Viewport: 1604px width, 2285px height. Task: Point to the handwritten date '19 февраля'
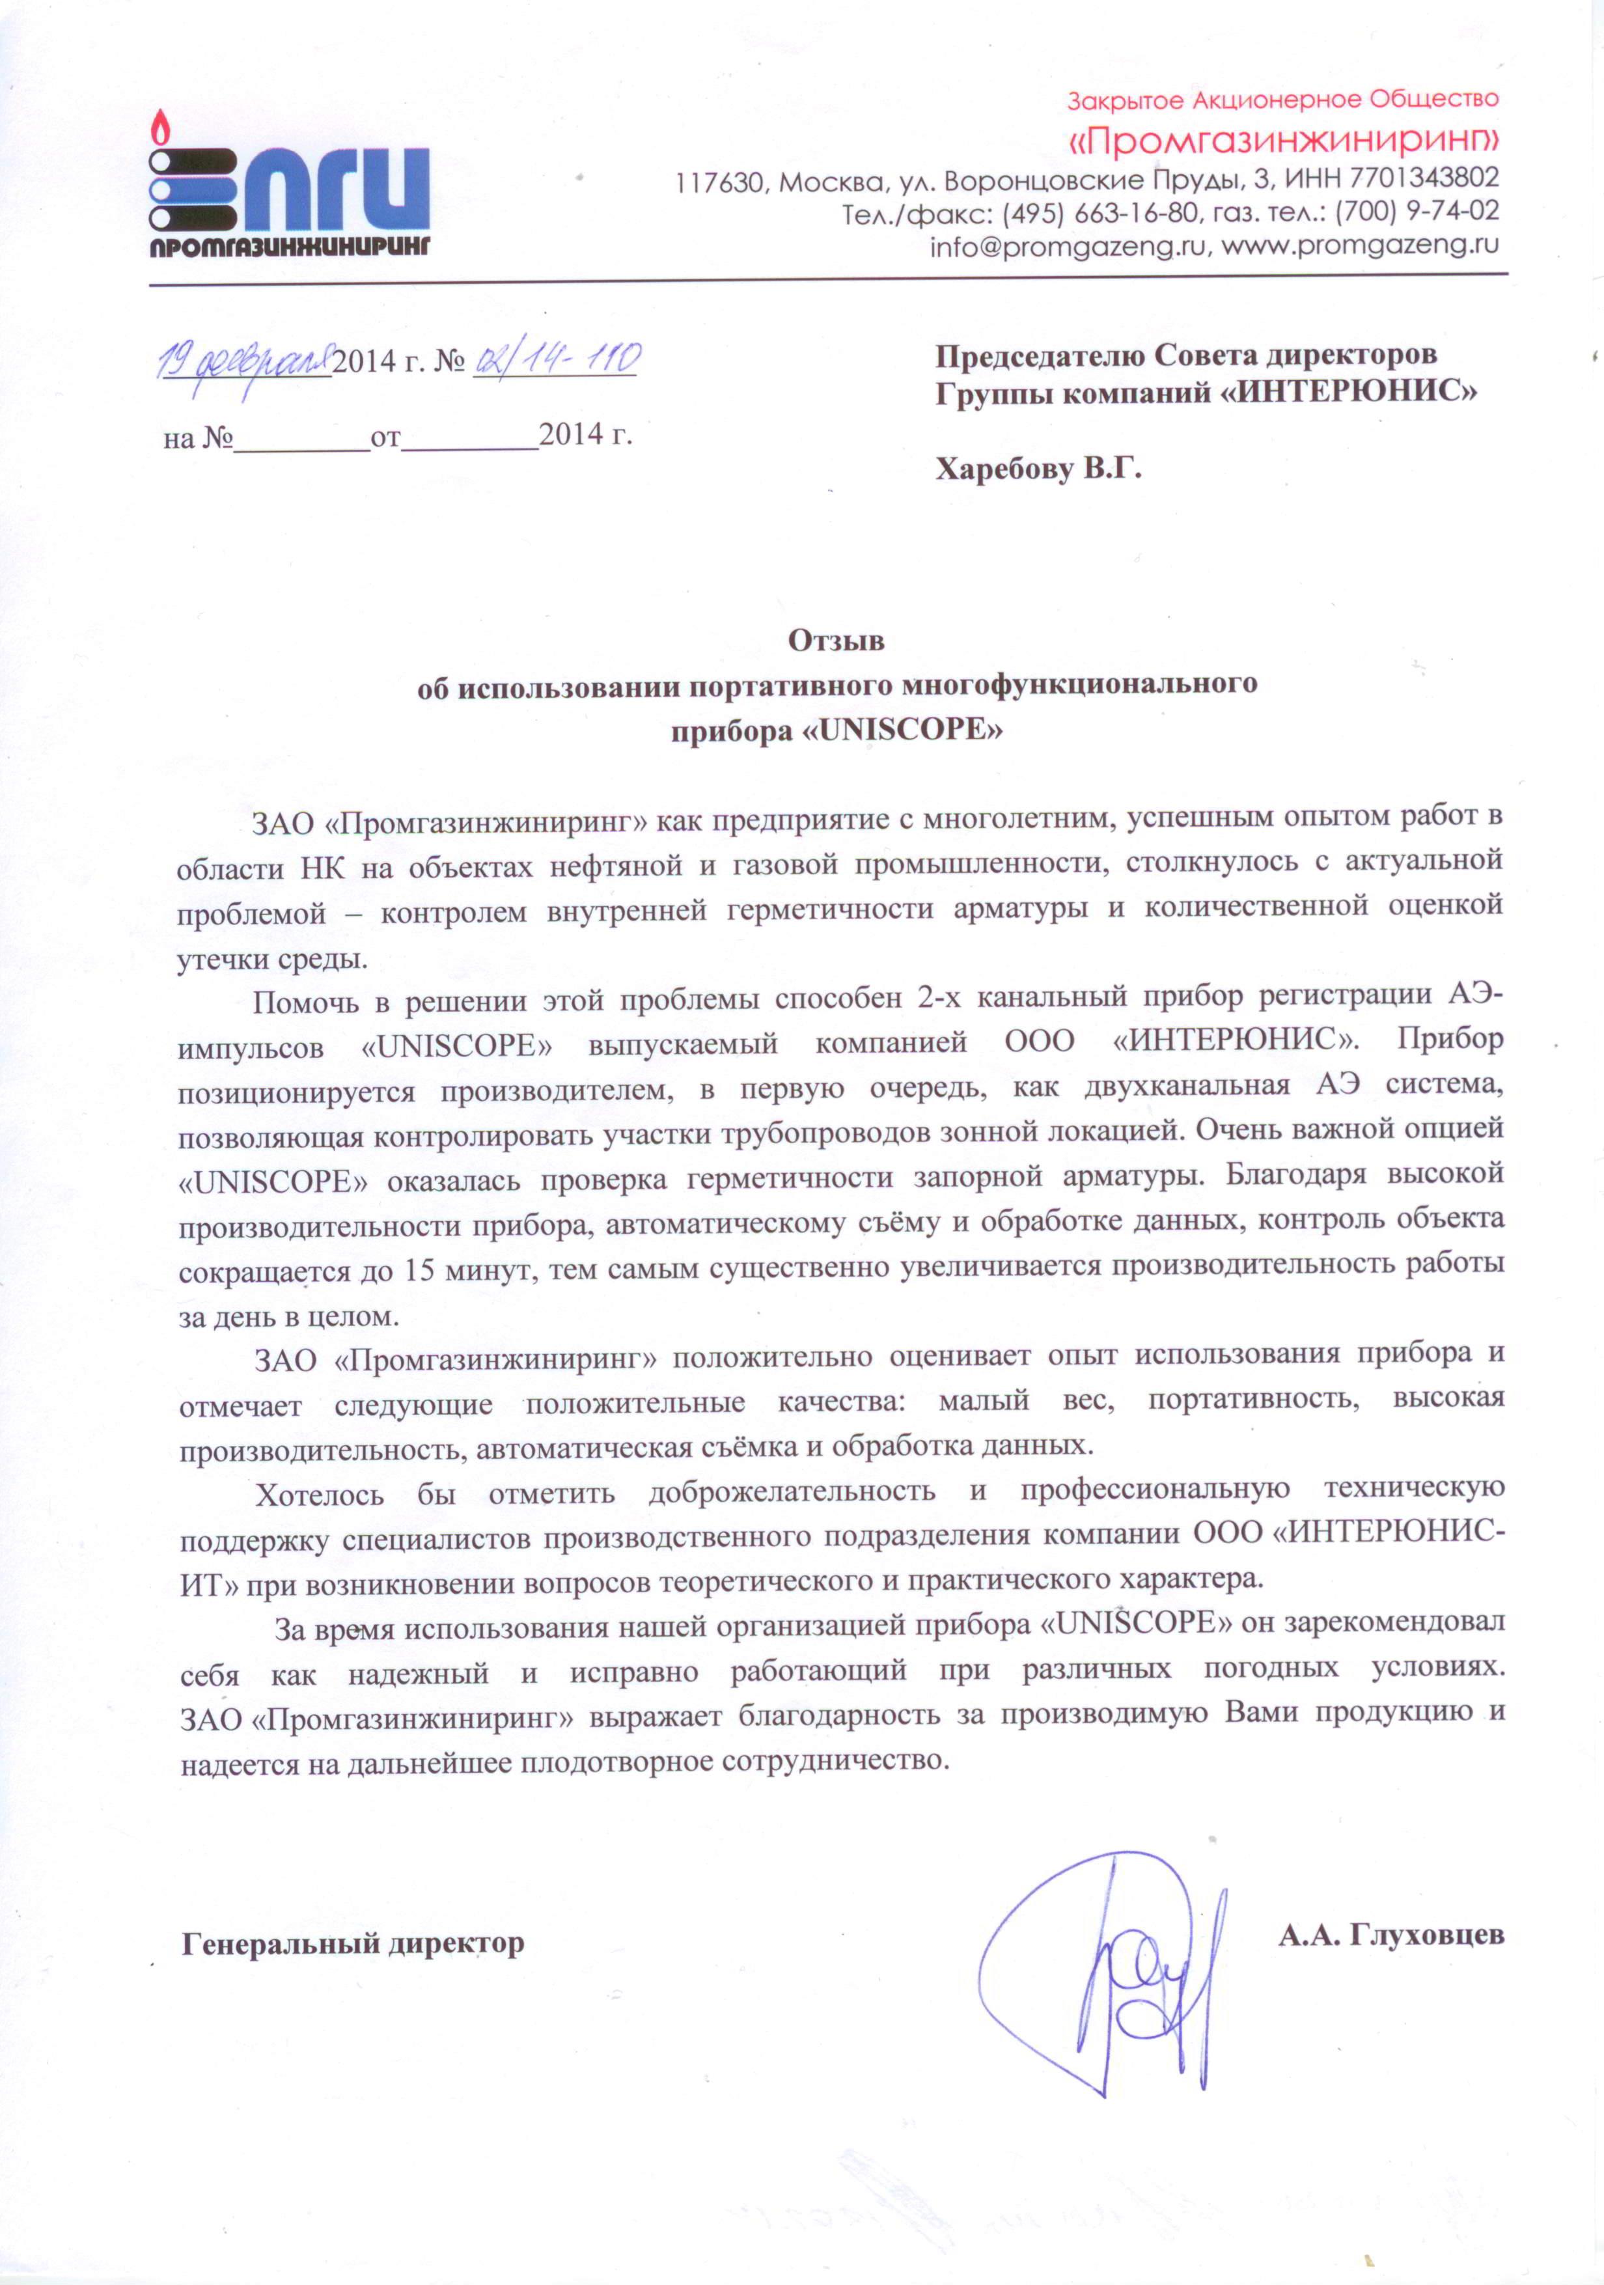[246, 360]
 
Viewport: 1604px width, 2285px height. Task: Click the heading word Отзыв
[836, 641]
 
